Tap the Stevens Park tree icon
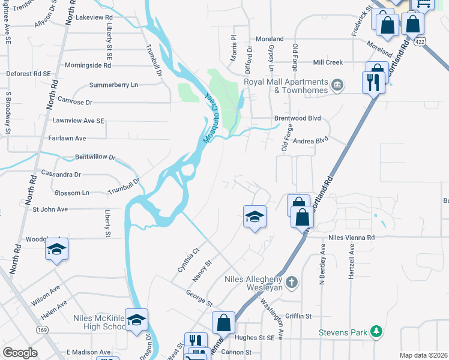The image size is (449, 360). point(376,331)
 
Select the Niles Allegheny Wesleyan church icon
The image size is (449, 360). point(292,281)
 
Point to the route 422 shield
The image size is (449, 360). point(422,40)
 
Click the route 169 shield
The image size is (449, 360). point(42,329)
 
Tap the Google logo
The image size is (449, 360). point(20,353)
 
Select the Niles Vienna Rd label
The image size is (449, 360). point(351,238)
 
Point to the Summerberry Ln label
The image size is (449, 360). point(113,85)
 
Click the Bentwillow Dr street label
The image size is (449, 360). point(95,158)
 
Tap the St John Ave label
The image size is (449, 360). point(50,209)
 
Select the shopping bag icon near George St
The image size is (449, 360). point(223,322)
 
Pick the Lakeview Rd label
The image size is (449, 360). point(92,18)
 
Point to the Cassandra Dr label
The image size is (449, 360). point(61,175)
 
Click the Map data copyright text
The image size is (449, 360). point(422,355)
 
